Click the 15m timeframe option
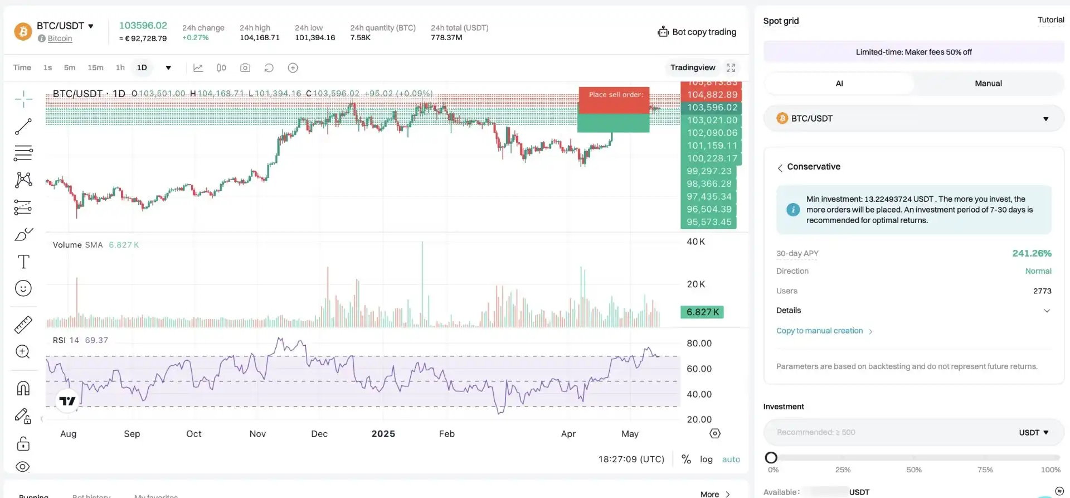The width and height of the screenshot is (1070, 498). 95,67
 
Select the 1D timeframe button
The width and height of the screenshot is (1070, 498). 142,67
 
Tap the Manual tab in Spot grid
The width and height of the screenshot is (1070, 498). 988,83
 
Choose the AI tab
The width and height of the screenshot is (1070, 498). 839,83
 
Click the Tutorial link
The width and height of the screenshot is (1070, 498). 1050,20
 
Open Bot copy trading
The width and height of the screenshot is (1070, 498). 697,32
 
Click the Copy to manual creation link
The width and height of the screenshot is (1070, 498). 819,331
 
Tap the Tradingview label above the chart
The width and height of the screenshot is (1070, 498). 693,67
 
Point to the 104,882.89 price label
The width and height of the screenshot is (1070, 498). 712,95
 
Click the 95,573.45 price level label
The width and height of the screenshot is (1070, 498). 709,222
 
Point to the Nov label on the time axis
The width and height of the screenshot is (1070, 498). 257,434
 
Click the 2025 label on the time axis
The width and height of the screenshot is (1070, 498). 383,434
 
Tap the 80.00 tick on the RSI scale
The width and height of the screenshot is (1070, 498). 699,344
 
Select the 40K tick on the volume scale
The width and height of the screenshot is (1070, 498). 695,241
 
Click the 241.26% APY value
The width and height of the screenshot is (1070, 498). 1032,253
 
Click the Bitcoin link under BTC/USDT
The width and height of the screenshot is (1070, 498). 60,38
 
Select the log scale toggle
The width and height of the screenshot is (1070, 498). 706,460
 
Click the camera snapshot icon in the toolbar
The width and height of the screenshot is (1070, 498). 245,67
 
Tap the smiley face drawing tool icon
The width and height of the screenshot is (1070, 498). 23,288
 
